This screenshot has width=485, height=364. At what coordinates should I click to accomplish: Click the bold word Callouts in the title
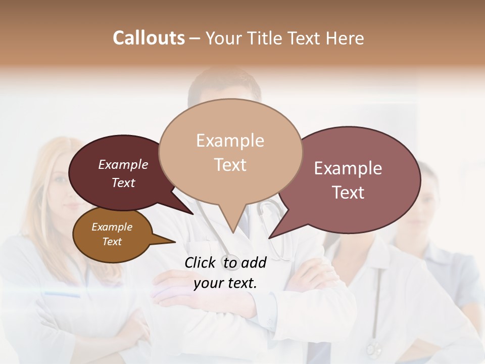tap(149, 38)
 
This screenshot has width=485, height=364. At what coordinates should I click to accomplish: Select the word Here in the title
tap(345, 38)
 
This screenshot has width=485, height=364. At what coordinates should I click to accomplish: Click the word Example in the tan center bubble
tap(230, 141)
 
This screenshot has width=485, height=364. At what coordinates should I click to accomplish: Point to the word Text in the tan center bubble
tap(230, 165)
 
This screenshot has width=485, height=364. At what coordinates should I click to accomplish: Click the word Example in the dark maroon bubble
tap(123, 164)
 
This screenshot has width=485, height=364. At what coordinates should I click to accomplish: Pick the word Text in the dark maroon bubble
tap(123, 183)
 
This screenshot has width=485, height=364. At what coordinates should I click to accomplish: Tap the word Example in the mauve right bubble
tap(348, 168)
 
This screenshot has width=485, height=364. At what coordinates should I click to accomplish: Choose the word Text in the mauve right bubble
tap(348, 193)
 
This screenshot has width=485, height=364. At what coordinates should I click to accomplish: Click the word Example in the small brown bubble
tap(112, 227)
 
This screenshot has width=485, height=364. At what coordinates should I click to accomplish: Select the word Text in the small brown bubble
tap(112, 242)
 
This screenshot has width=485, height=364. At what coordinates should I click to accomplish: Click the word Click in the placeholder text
tap(202, 262)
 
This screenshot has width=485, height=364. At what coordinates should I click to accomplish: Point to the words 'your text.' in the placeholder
tap(225, 284)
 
